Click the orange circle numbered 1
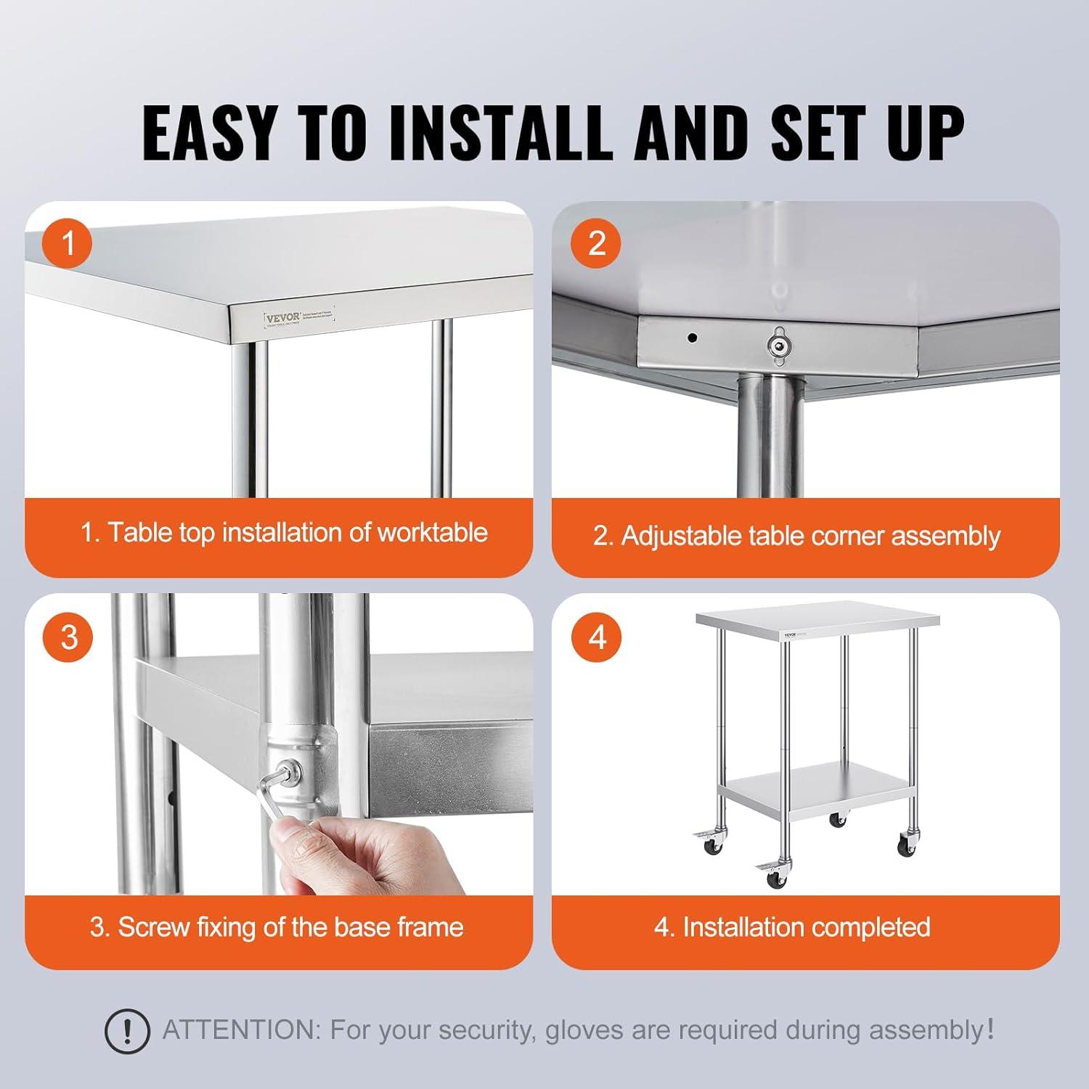click(x=68, y=243)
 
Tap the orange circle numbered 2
click(x=596, y=243)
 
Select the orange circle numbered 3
click(x=68, y=637)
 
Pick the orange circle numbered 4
click(x=596, y=637)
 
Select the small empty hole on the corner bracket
click(x=693, y=338)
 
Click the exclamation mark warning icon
click(x=127, y=1030)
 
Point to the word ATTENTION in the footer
click(x=240, y=1029)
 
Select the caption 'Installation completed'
click(x=806, y=927)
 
